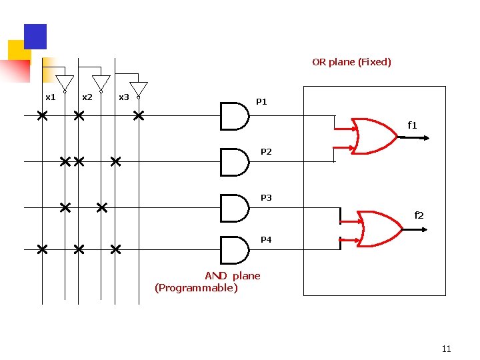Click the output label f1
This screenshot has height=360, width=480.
(412, 125)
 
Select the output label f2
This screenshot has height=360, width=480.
(419, 215)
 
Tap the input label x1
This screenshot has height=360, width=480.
(50, 97)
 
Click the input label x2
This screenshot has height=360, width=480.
(87, 97)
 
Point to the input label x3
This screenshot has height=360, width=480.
(123, 97)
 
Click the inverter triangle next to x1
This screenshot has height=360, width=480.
(64, 83)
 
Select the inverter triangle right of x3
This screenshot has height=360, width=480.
(139, 89)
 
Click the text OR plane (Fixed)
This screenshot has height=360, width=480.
(351, 62)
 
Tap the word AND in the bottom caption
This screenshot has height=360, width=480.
(215, 276)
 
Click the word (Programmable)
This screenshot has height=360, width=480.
(196, 288)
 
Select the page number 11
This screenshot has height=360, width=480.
(447, 349)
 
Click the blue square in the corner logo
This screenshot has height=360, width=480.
(35, 36)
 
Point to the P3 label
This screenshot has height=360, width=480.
(266, 198)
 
